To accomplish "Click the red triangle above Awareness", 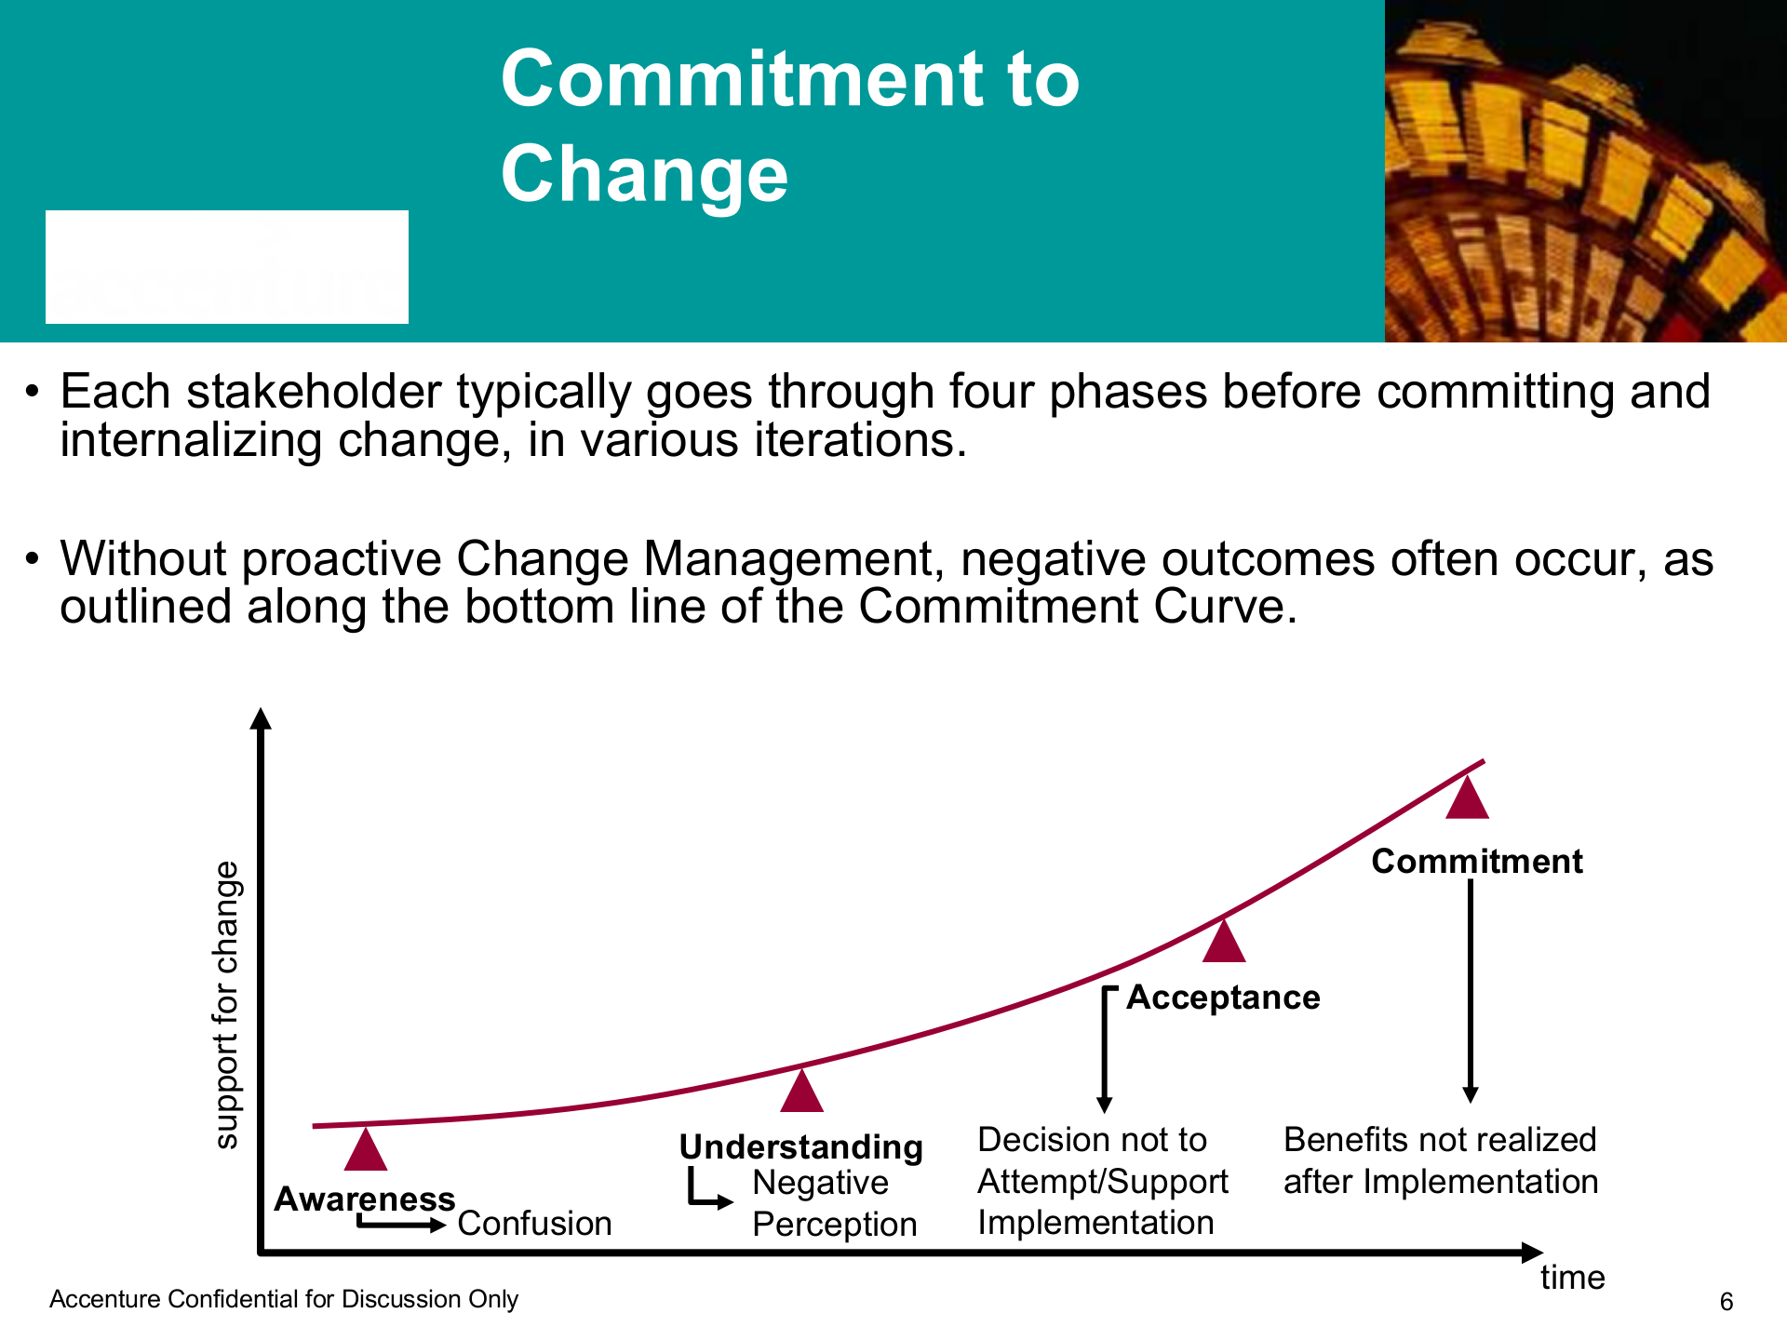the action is tap(366, 1149).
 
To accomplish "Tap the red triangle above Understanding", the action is tap(802, 1091).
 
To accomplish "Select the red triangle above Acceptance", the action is tap(1224, 940).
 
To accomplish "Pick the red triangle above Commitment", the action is tap(1468, 797).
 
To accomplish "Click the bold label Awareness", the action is tap(365, 1199).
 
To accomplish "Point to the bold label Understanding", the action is tap(801, 1147).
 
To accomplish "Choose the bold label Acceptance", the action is tap(1224, 998).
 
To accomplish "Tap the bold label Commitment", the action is tap(1477, 862).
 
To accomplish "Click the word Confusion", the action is tap(535, 1224).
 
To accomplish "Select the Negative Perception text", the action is tap(835, 1203).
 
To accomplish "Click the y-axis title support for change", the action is tap(226, 1005).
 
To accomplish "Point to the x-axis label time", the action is tap(1573, 1278).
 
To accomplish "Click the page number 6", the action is tap(1727, 1302).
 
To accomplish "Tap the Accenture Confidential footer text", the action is tap(284, 1299).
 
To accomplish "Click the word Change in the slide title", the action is tap(644, 174).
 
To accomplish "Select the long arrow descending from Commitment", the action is tap(1471, 991).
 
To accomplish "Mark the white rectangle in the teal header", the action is tap(227, 267).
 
